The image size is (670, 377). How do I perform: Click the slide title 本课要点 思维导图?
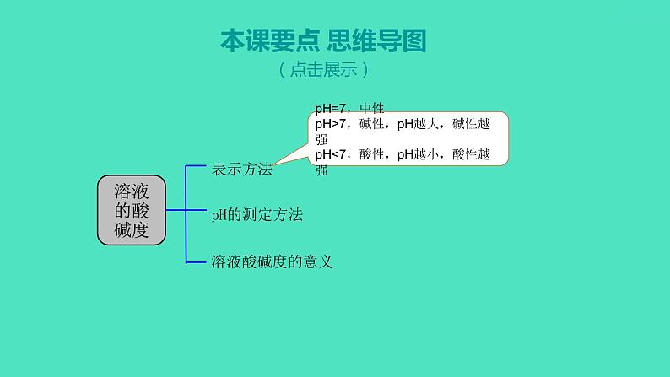[323, 41]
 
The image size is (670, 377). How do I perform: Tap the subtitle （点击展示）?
[323, 71]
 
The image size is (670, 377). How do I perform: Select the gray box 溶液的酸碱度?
[132, 211]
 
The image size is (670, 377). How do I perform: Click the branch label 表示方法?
[242, 169]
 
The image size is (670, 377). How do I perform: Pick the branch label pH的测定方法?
[257, 215]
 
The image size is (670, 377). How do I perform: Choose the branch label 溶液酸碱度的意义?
[272, 261]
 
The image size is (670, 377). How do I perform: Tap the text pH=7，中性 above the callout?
[349, 109]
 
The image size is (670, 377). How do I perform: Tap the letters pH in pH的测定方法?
[217, 216]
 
